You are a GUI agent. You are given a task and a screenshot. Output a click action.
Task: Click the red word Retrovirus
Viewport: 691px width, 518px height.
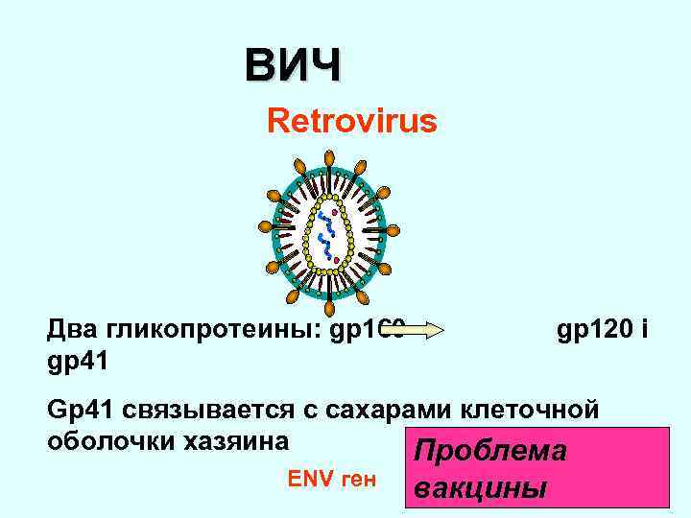click(351, 122)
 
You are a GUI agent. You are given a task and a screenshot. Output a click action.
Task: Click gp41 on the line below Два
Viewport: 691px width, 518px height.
click(78, 362)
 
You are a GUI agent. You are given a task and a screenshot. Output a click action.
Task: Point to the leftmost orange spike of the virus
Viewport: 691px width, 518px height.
click(264, 227)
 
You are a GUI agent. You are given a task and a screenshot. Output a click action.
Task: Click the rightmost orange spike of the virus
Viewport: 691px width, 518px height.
click(393, 230)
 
